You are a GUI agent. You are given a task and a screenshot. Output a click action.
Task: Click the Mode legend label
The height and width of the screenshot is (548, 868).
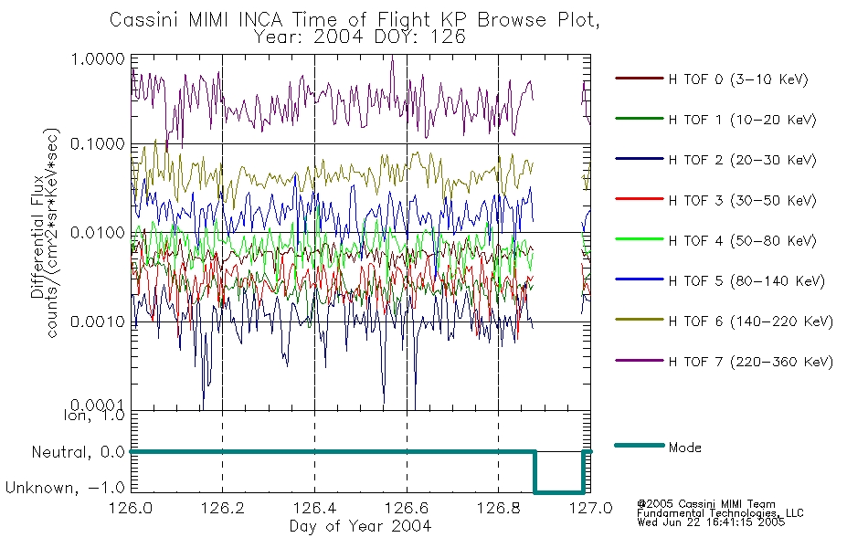pos(684,448)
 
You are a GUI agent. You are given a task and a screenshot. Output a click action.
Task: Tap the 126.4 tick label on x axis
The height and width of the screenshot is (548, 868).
pos(314,508)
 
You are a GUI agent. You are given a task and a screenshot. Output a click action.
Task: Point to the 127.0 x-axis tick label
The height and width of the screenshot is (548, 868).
pos(590,508)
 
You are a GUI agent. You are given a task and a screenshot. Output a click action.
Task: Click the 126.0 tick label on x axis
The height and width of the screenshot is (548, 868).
pos(131,508)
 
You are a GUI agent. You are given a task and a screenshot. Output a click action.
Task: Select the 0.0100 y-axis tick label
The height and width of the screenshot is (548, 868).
pos(98,233)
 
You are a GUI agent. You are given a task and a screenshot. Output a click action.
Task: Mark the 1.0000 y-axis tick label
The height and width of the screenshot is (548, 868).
pos(98,58)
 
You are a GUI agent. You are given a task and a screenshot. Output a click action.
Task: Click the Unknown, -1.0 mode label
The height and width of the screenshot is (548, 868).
pos(65,488)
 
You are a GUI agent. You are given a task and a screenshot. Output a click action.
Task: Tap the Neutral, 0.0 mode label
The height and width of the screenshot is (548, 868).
pos(78,452)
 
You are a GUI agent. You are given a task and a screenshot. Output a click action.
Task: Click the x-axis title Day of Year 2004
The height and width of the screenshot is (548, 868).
pos(360,526)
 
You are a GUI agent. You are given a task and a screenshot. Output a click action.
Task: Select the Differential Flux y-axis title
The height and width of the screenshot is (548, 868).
pos(37,237)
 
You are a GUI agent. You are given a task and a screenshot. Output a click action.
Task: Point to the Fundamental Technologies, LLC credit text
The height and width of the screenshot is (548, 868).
pos(720,512)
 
